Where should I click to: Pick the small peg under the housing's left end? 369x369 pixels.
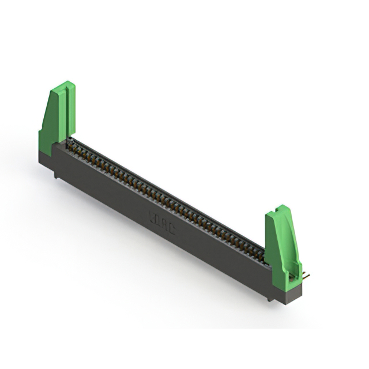pyautogui.click(x=56, y=175)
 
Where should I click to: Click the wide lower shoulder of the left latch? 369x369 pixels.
pyautogui.click(x=46, y=138)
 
